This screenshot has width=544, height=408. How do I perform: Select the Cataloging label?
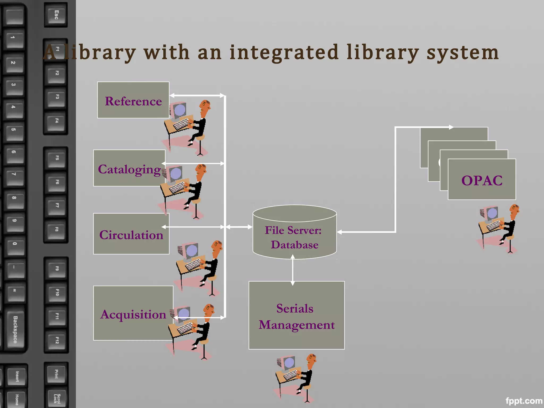(x=129, y=169)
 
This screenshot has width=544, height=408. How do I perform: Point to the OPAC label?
(x=482, y=181)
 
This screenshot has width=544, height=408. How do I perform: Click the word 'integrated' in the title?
(x=284, y=52)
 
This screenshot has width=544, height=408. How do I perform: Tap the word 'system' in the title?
(x=462, y=53)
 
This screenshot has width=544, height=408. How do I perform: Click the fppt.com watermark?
(x=524, y=401)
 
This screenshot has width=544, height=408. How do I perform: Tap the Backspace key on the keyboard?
(x=15, y=329)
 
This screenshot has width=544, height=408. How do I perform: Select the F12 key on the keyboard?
(x=57, y=340)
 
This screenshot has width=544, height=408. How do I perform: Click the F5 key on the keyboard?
(x=57, y=158)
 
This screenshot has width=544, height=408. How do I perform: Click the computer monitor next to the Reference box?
(x=180, y=110)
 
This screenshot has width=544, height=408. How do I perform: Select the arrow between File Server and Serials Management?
(x=292, y=270)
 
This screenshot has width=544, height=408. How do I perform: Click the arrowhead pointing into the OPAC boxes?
(x=451, y=127)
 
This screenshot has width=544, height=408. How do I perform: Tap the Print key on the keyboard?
(x=56, y=374)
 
